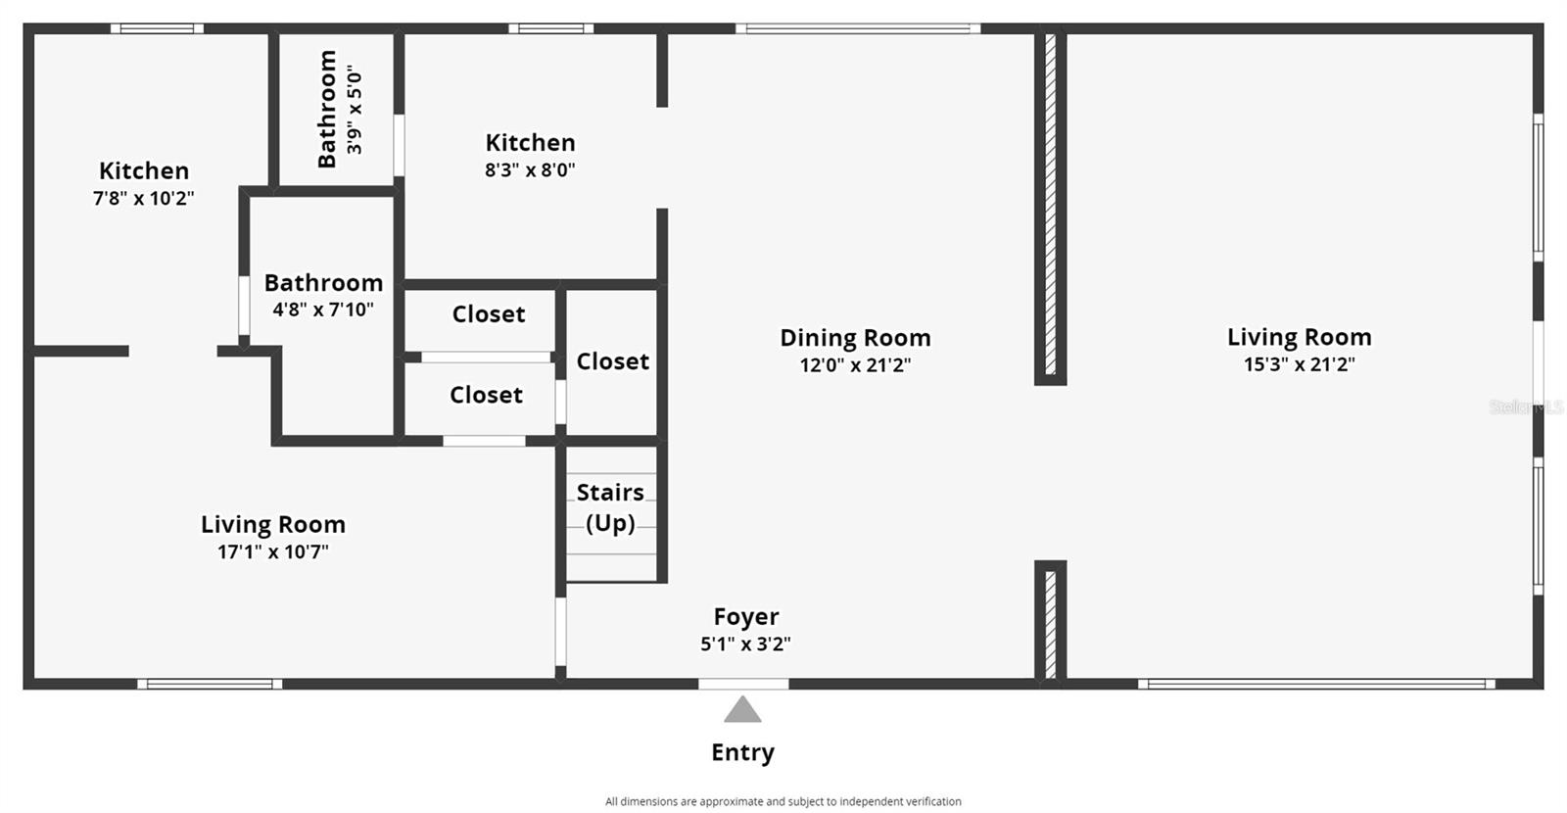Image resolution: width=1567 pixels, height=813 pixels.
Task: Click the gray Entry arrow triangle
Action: (742, 709)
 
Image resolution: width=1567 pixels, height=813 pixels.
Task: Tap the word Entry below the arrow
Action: (743, 753)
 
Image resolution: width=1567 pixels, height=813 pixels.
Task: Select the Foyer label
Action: (745, 616)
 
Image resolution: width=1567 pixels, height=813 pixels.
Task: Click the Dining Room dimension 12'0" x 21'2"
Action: (856, 365)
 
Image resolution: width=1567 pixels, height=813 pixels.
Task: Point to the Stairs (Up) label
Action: (610, 507)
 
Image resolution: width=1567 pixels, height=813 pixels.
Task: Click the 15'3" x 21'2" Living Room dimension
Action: (1299, 364)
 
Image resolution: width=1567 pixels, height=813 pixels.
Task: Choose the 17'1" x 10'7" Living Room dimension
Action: (273, 552)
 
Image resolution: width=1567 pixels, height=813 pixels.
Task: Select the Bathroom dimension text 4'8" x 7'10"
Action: (323, 310)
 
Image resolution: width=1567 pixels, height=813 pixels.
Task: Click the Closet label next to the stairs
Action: (613, 361)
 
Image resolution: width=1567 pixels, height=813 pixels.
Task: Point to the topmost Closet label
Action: (489, 314)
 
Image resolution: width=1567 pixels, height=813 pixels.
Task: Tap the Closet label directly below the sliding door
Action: (486, 396)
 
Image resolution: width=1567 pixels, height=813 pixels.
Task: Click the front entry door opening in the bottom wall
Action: (743, 684)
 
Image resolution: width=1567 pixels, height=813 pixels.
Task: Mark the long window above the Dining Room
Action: (858, 28)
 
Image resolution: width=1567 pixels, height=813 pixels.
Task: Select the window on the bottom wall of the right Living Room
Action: (1316, 684)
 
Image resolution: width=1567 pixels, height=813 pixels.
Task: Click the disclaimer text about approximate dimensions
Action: (783, 802)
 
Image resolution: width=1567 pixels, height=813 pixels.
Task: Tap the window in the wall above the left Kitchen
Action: (158, 28)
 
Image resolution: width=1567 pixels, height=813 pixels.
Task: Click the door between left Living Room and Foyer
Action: (560, 632)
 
